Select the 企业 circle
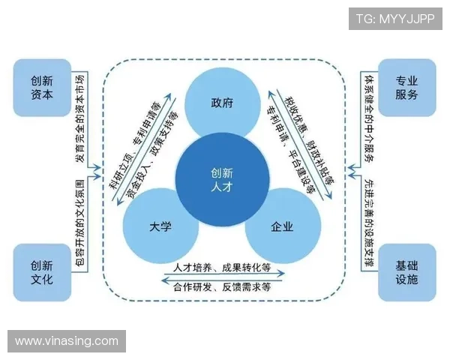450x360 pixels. click(282, 226)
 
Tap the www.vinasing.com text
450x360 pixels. click(66, 341)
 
